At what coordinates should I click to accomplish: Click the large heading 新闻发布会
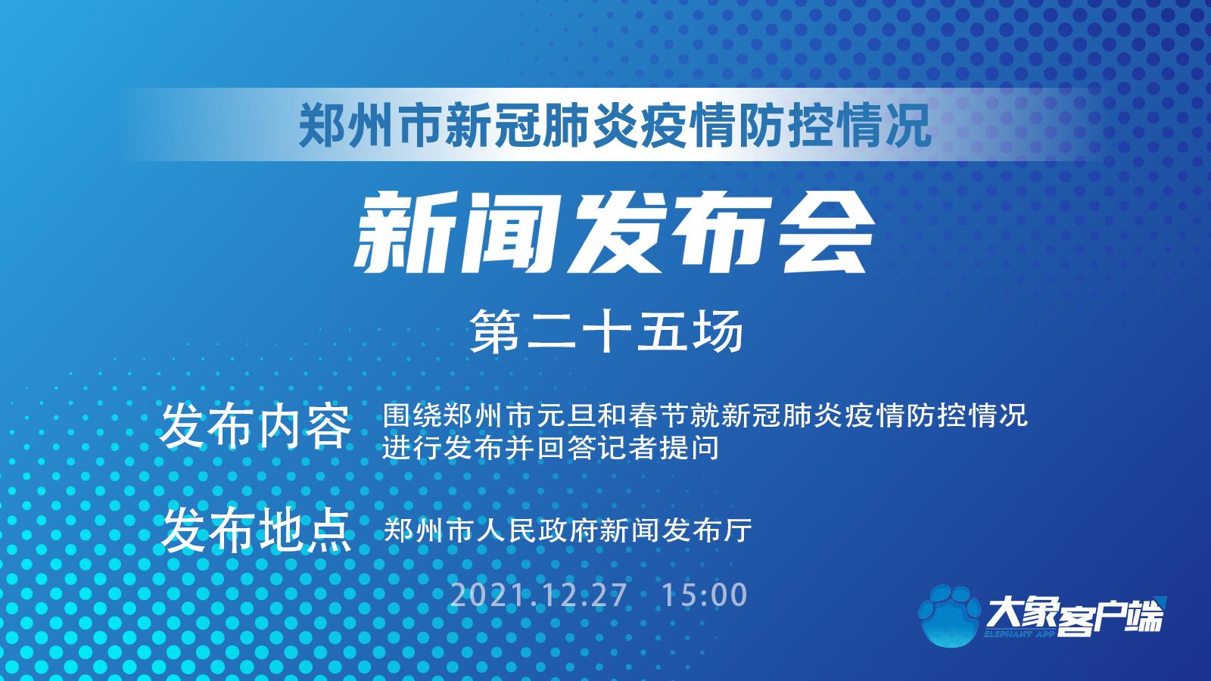[x=615, y=233]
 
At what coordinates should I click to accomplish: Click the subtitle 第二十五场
[x=606, y=331]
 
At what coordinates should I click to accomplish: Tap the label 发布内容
[x=255, y=428]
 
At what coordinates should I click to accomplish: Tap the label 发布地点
[x=255, y=530]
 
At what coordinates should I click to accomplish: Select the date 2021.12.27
[x=538, y=595]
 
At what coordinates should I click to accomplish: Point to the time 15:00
[x=705, y=595]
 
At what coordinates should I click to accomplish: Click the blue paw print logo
[x=950, y=616]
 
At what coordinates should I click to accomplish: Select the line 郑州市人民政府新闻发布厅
[x=568, y=530]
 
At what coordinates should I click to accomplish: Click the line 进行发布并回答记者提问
[x=550, y=448]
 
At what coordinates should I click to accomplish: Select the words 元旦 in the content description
[x=565, y=415]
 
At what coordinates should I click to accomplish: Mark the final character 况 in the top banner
[x=908, y=126]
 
